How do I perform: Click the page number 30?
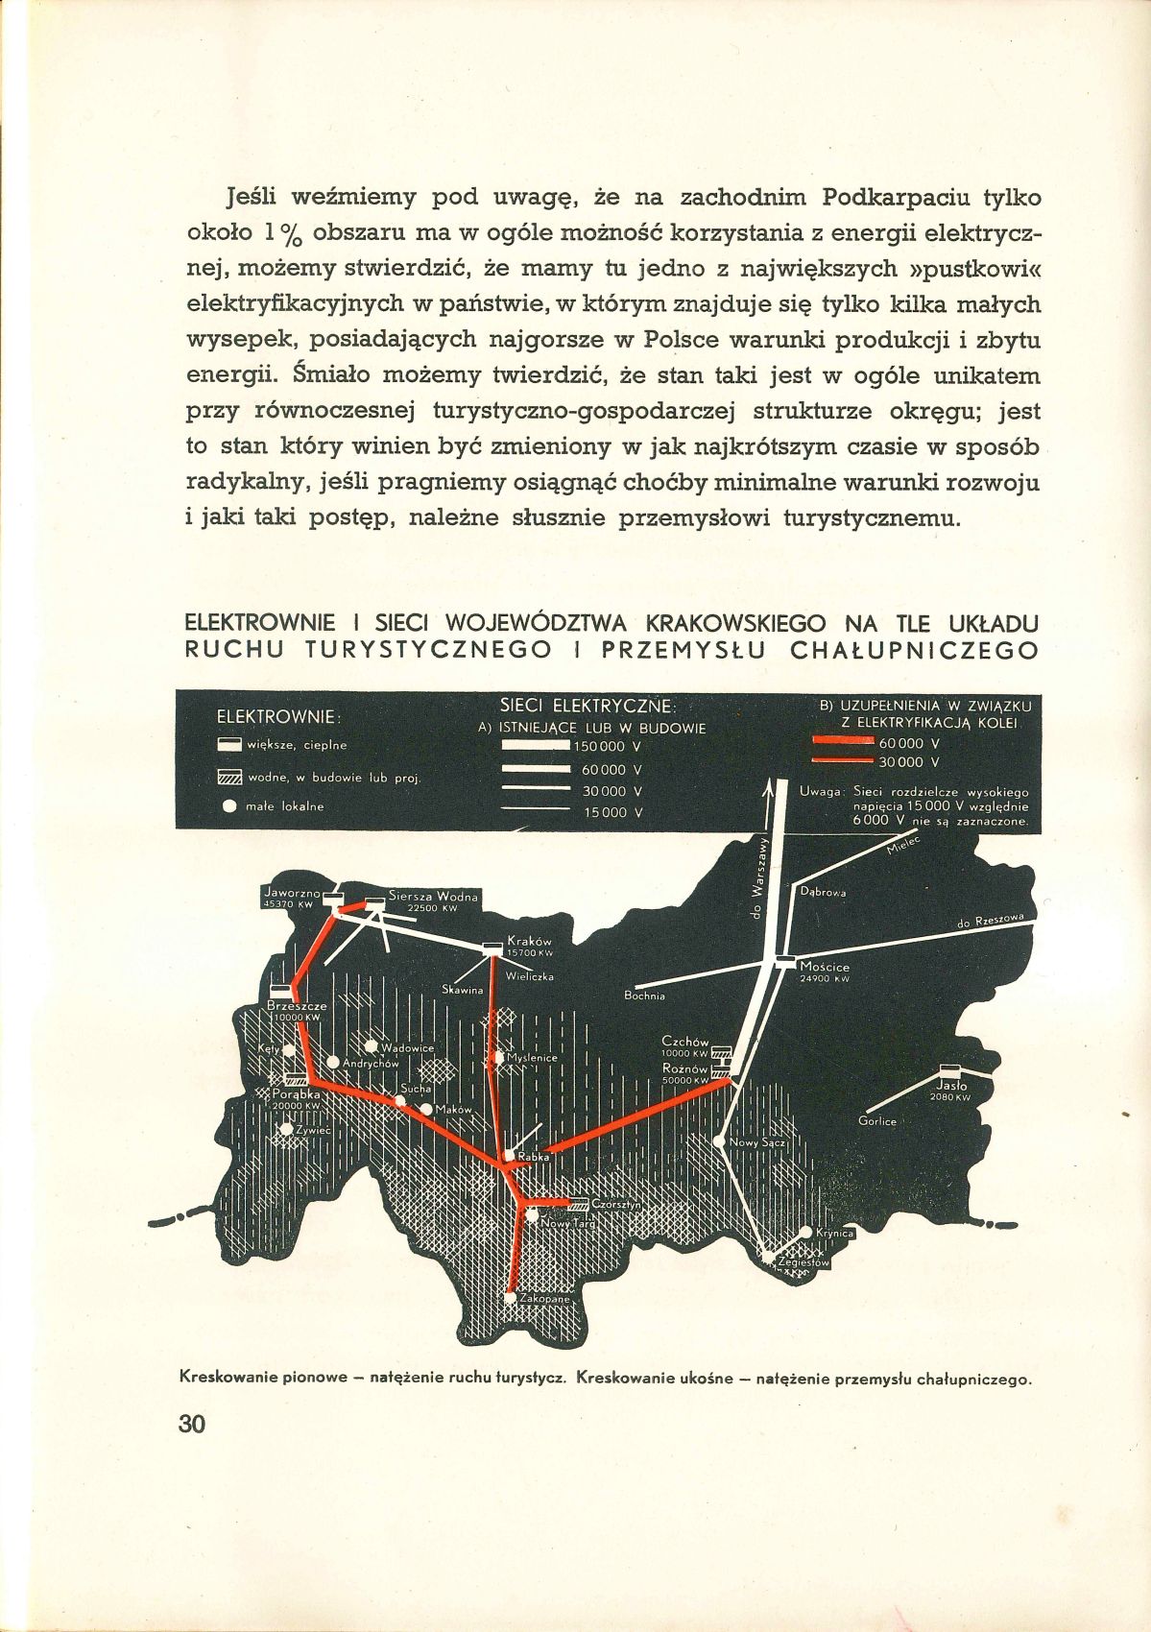192,1423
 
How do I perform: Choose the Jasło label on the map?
950,1087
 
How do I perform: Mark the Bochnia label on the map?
644,996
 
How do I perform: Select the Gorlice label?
877,1120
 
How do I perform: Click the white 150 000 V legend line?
536,746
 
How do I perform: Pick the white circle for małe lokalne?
229,807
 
